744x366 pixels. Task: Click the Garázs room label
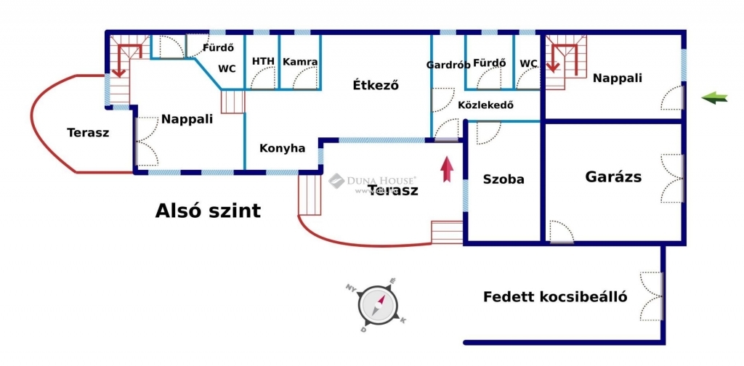pos(613,176)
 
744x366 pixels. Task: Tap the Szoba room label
pos(504,179)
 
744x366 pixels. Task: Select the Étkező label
pos(376,85)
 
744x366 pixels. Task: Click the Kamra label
pos(300,62)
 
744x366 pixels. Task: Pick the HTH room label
pos(263,62)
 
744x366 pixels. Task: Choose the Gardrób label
pos(448,64)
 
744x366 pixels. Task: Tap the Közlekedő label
pos(485,105)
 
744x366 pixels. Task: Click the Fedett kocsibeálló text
pos(556,297)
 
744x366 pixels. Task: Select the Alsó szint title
pos(208,211)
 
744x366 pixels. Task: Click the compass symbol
pos(379,305)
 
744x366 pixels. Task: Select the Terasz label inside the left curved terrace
pos(88,133)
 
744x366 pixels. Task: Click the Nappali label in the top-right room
pos(617,78)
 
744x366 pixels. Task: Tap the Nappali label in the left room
pos(187,119)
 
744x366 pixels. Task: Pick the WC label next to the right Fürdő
pos(528,63)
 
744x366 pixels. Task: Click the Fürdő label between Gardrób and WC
pos(489,63)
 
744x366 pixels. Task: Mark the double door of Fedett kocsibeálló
pos(653,296)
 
